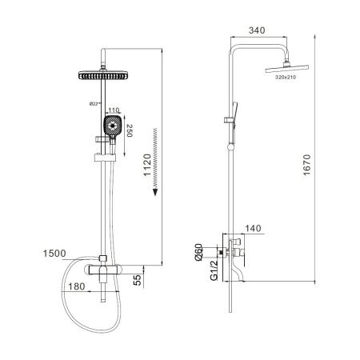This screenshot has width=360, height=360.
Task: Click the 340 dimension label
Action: pyautogui.click(x=257, y=30)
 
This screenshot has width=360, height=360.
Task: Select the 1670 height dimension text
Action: pyautogui.click(x=307, y=165)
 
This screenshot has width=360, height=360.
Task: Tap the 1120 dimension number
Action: pyautogui.click(x=147, y=165)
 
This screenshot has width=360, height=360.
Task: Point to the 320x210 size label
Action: pyautogui.click(x=286, y=78)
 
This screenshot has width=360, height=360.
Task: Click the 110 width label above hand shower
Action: pyautogui.click(x=114, y=110)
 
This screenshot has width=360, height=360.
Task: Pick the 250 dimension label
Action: pyautogui.click(x=130, y=130)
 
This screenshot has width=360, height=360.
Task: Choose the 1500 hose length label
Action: pyautogui.click(x=54, y=254)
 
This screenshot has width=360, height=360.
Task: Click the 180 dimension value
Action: pyautogui.click(x=77, y=286)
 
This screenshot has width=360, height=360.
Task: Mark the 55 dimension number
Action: pyautogui.click(x=138, y=280)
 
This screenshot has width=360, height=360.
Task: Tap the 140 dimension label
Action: pyautogui.click(x=253, y=229)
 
